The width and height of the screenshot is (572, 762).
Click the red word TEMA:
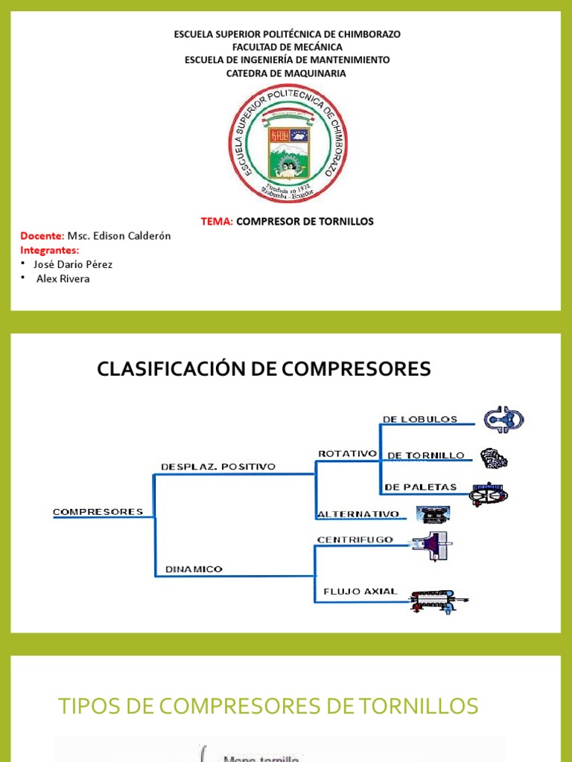pos(217,222)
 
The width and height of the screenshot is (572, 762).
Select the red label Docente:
pos(42,236)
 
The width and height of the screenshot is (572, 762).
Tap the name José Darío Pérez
pos(73,264)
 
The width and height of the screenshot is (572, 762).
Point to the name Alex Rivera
pos(63,278)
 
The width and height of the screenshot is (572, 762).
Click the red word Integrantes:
pos(49,250)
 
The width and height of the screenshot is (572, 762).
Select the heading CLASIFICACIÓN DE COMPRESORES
pos(264,368)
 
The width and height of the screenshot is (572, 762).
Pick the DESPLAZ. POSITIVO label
pos(217,467)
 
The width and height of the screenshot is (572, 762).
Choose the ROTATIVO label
pos(347,453)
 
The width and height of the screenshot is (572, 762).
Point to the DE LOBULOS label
pos(420,419)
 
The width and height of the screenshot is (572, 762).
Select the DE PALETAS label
pos(420,487)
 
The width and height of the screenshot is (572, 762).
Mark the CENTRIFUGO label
pos(355,540)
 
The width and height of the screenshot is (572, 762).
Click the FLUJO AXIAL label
pos(360,592)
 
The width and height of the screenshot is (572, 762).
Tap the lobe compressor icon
pos(503,420)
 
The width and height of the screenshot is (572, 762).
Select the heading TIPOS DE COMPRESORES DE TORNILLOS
pos(268,706)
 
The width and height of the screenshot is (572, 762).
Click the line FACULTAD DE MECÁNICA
pos(287,47)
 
